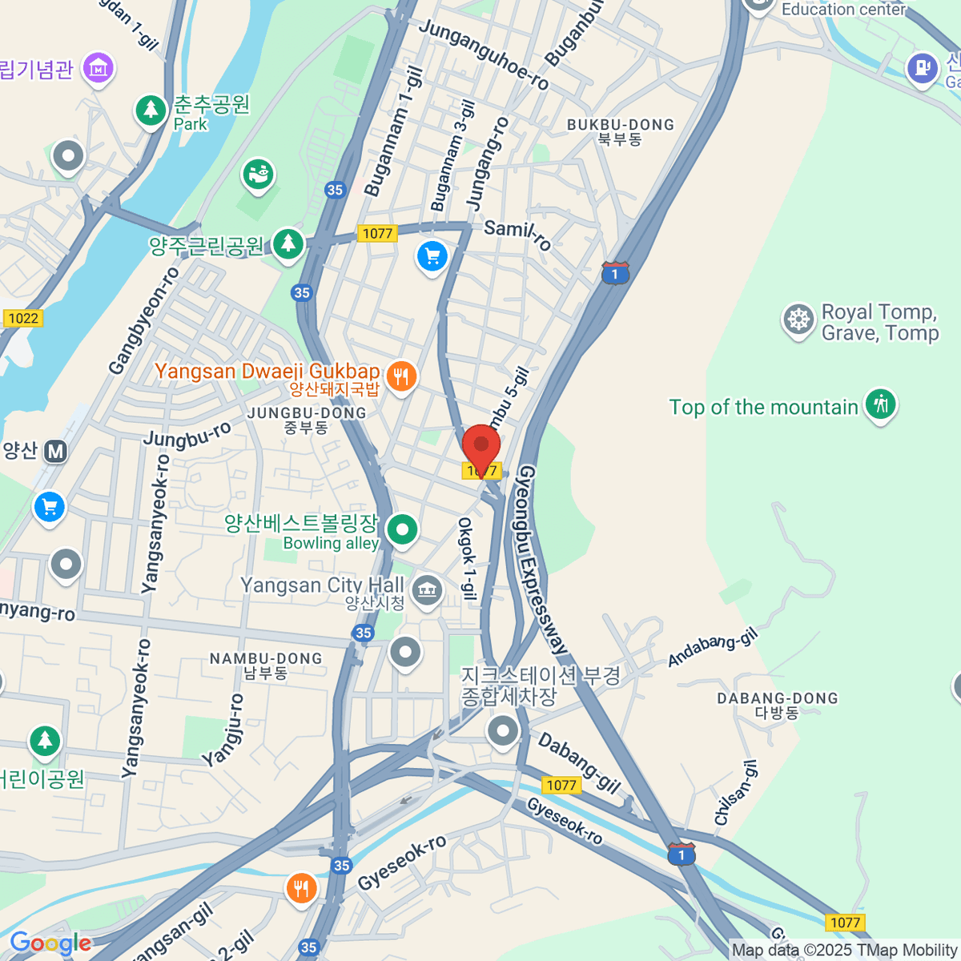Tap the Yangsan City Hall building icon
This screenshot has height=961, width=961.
[x=427, y=590]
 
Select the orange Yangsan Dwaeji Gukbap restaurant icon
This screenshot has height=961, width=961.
[x=401, y=376]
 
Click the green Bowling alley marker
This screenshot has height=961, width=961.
[x=402, y=529]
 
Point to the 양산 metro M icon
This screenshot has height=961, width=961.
[x=55, y=452]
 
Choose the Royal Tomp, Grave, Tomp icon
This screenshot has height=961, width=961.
[x=798, y=320]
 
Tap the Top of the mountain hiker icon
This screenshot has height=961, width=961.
[x=880, y=404]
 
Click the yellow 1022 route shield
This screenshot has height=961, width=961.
[x=23, y=318]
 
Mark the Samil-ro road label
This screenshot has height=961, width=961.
[x=518, y=233]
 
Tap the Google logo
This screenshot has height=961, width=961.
[x=50, y=943]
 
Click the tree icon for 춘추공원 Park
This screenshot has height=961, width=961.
[x=150, y=110]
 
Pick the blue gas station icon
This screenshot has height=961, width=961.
[x=922, y=68]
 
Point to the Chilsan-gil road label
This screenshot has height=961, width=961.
[x=735, y=794]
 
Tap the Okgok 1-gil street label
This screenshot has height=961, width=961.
[x=467, y=558]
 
